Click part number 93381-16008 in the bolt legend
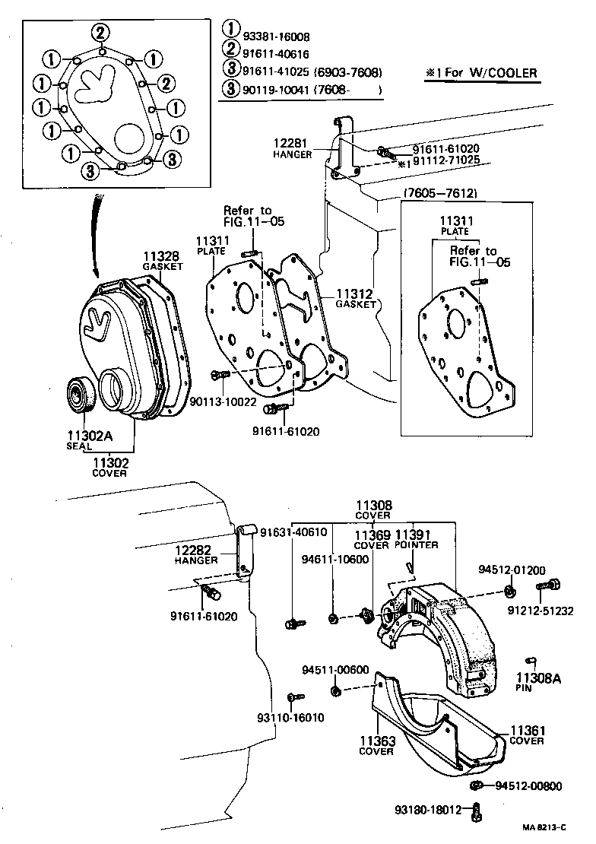276,36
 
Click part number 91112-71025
446,162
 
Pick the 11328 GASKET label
163,261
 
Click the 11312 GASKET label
356,297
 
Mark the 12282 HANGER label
196,554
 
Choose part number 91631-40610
293,532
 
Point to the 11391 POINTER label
416,539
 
